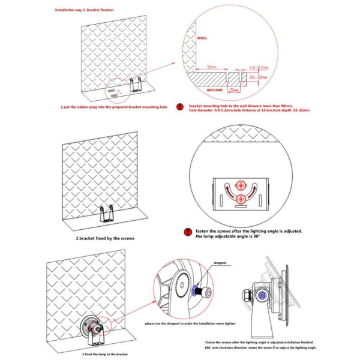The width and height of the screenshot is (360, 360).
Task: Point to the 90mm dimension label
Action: pos(211,67)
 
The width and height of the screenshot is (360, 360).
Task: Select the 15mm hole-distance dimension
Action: pos(234,89)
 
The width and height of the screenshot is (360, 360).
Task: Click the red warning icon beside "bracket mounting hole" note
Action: pos(179,107)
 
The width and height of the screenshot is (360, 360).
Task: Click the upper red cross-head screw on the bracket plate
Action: pos(241,184)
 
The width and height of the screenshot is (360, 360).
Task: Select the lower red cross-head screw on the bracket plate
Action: pos(241,199)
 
